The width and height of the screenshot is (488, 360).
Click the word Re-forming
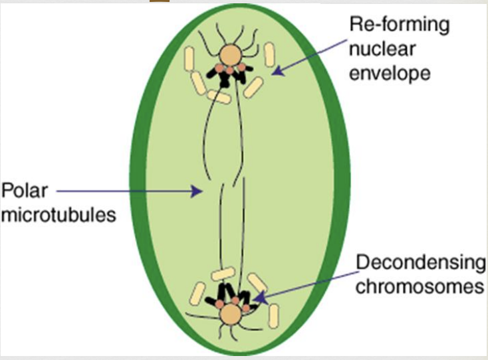pos(400,25)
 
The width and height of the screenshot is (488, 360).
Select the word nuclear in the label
pos(382,48)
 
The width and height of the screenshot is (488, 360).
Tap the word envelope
pos(390,74)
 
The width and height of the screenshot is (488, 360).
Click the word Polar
pos(25,190)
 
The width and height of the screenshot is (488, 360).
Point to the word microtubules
pos(59,215)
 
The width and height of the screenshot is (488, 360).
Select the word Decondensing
pos(420,263)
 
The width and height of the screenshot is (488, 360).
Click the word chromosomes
pos(420,286)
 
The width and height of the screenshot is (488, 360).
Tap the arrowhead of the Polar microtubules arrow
pos(197,191)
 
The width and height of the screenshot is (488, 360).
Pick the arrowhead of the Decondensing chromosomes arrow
pos(261,297)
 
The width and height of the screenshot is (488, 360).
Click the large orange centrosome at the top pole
pos(230,55)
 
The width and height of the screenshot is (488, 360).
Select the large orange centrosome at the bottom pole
pos(230,314)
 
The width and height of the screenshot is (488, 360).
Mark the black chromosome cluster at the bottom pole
pos(231,296)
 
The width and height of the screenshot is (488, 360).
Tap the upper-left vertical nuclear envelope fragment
pos(189,58)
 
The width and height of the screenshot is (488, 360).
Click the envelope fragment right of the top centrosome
pos(269,54)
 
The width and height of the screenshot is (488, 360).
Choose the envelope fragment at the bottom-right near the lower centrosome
pos(273,316)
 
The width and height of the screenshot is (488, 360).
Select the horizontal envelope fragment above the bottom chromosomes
pos(223,274)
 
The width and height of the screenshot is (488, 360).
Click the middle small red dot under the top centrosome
pos(229,71)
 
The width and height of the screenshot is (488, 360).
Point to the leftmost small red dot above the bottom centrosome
pos(219,304)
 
